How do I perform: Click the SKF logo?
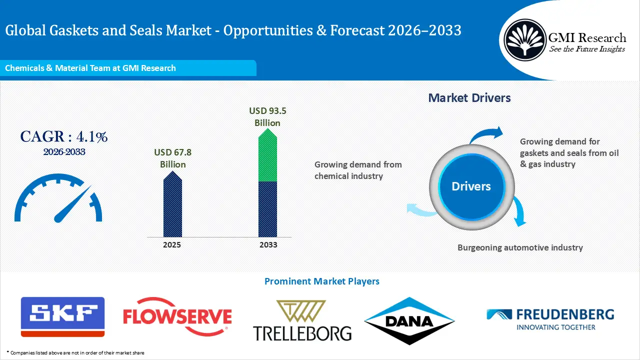pyautogui.click(x=62, y=316)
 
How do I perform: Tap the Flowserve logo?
pyautogui.click(x=177, y=316)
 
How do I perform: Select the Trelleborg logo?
pyautogui.click(x=302, y=321)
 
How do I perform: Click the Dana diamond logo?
pyautogui.click(x=409, y=321)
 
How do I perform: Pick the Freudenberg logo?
pyautogui.click(x=550, y=319)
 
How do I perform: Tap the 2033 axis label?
pyautogui.click(x=267, y=245)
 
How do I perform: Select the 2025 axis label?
pyautogui.click(x=172, y=245)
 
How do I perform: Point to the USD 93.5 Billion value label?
pyautogui.click(x=267, y=117)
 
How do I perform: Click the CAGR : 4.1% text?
pyautogui.click(x=63, y=136)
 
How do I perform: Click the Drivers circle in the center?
pyautogui.click(x=471, y=186)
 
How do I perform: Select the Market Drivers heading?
pyautogui.click(x=469, y=98)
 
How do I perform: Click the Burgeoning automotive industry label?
pyautogui.click(x=520, y=247)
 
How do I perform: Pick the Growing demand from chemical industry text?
pyautogui.click(x=358, y=170)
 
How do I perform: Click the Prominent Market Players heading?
pyautogui.click(x=321, y=281)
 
